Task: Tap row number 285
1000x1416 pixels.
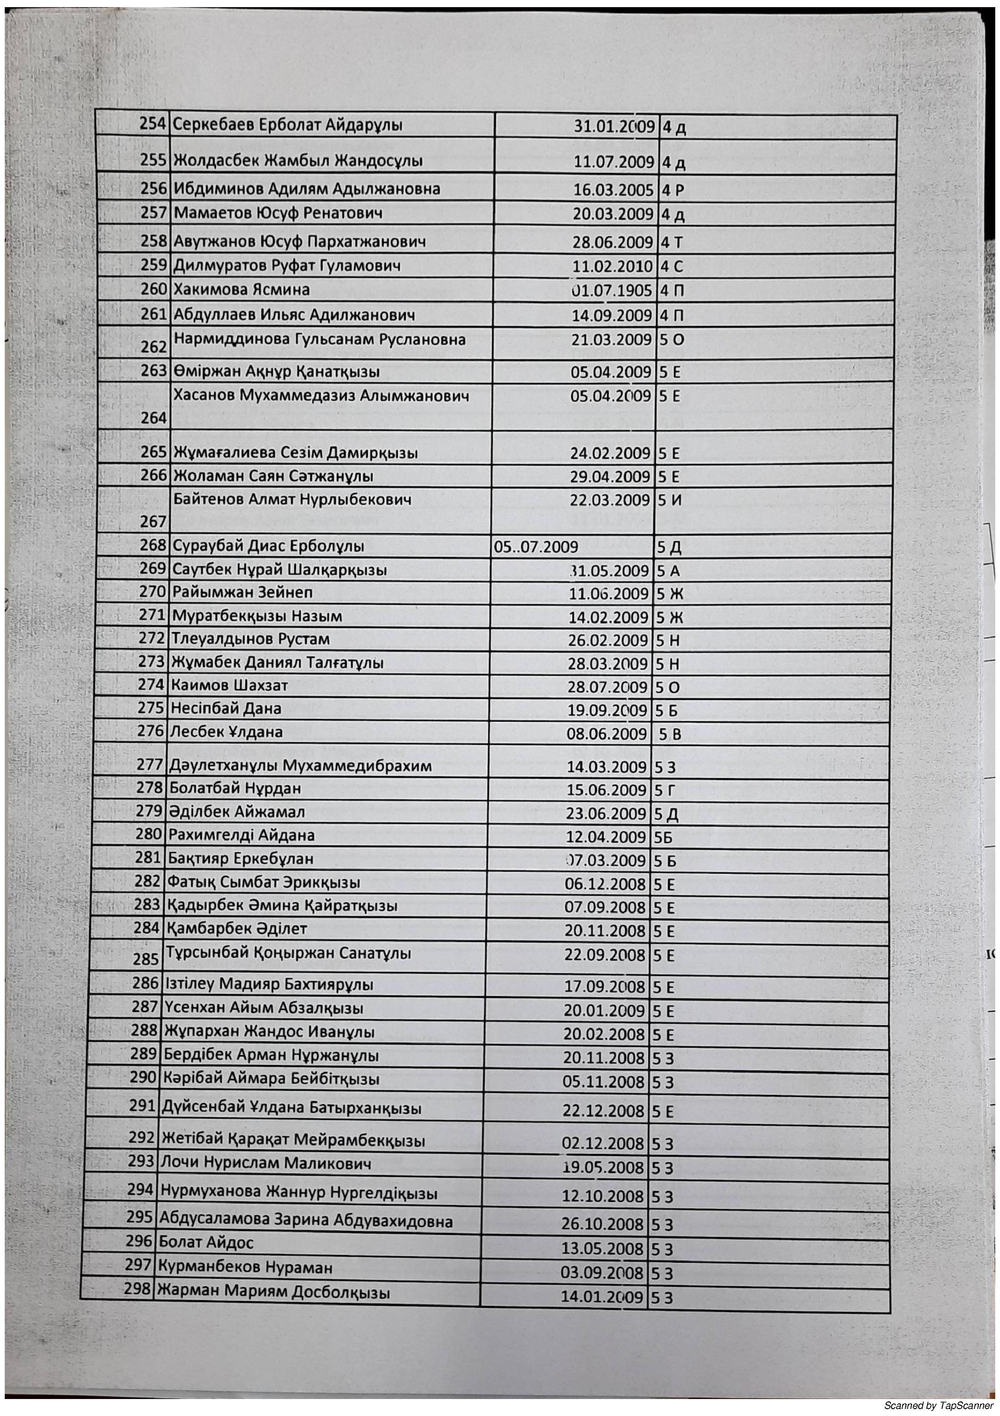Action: coord(146,959)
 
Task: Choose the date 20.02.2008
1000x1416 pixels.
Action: coord(604,1034)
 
